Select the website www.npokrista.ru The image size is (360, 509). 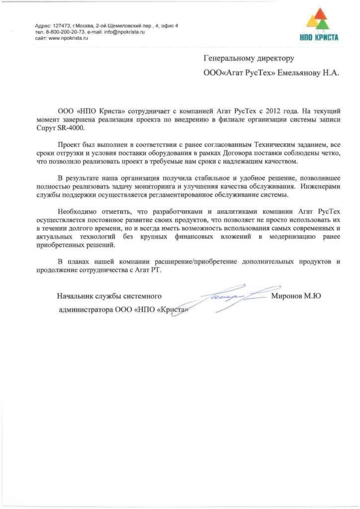65,38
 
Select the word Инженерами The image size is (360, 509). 321,186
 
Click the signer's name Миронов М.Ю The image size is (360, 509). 296,296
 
